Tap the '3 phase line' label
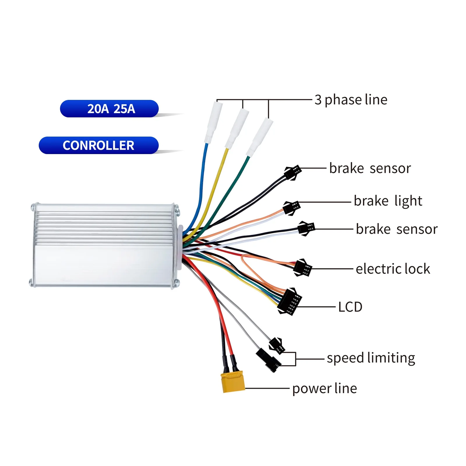[351, 100]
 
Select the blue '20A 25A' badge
[109, 109]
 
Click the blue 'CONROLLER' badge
[99, 145]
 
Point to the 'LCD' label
[350, 307]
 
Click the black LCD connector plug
[290, 301]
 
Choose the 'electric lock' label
[393, 269]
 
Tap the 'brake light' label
[388, 201]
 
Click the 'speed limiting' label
[371, 358]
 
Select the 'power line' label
[324, 389]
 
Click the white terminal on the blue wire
[213, 122]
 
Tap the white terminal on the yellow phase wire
[236, 128]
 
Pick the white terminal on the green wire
[259, 137]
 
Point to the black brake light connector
[292, 208]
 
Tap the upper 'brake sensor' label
[370, 168]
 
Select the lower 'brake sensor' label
[397, 229]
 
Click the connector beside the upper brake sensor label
[293, 172]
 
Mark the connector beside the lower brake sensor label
[306, 228]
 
